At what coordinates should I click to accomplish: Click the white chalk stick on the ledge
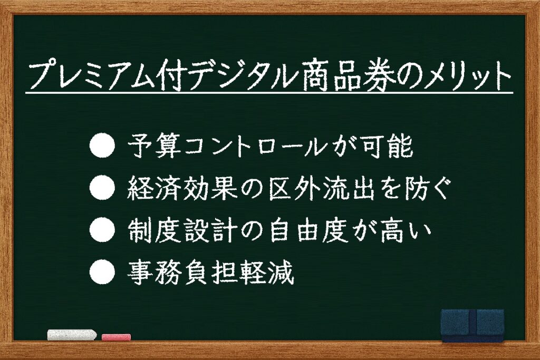pyautogui.click(x=72, y=335)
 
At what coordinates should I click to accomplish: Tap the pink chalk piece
pyautogui.click(x=116, y=337)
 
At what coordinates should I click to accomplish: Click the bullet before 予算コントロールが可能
pyautogui.click(x=102, y=145)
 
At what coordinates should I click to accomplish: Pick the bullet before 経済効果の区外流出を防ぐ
pyautogui.click(x=102, y=188)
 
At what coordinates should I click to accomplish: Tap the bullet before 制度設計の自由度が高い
pyautogui.click(x=102, y=230)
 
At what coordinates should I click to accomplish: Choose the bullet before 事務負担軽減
pyautogui.click(x=102, y=272)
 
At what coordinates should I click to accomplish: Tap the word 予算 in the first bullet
pyautogui.click(x=155, y=146)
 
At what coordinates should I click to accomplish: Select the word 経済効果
pyautogui.click(x=182, y=188)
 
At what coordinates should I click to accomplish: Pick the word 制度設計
pyautogui.click(x=182, y=230)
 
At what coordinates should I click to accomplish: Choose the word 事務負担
pyautogui.click(x=182, y=272)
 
